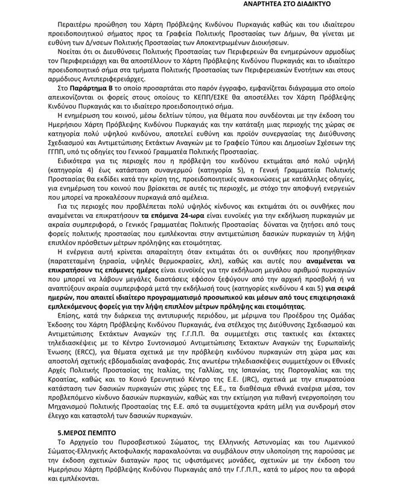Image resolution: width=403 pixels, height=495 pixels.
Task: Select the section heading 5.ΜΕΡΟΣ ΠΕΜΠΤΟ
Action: click(x=83, y=433)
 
